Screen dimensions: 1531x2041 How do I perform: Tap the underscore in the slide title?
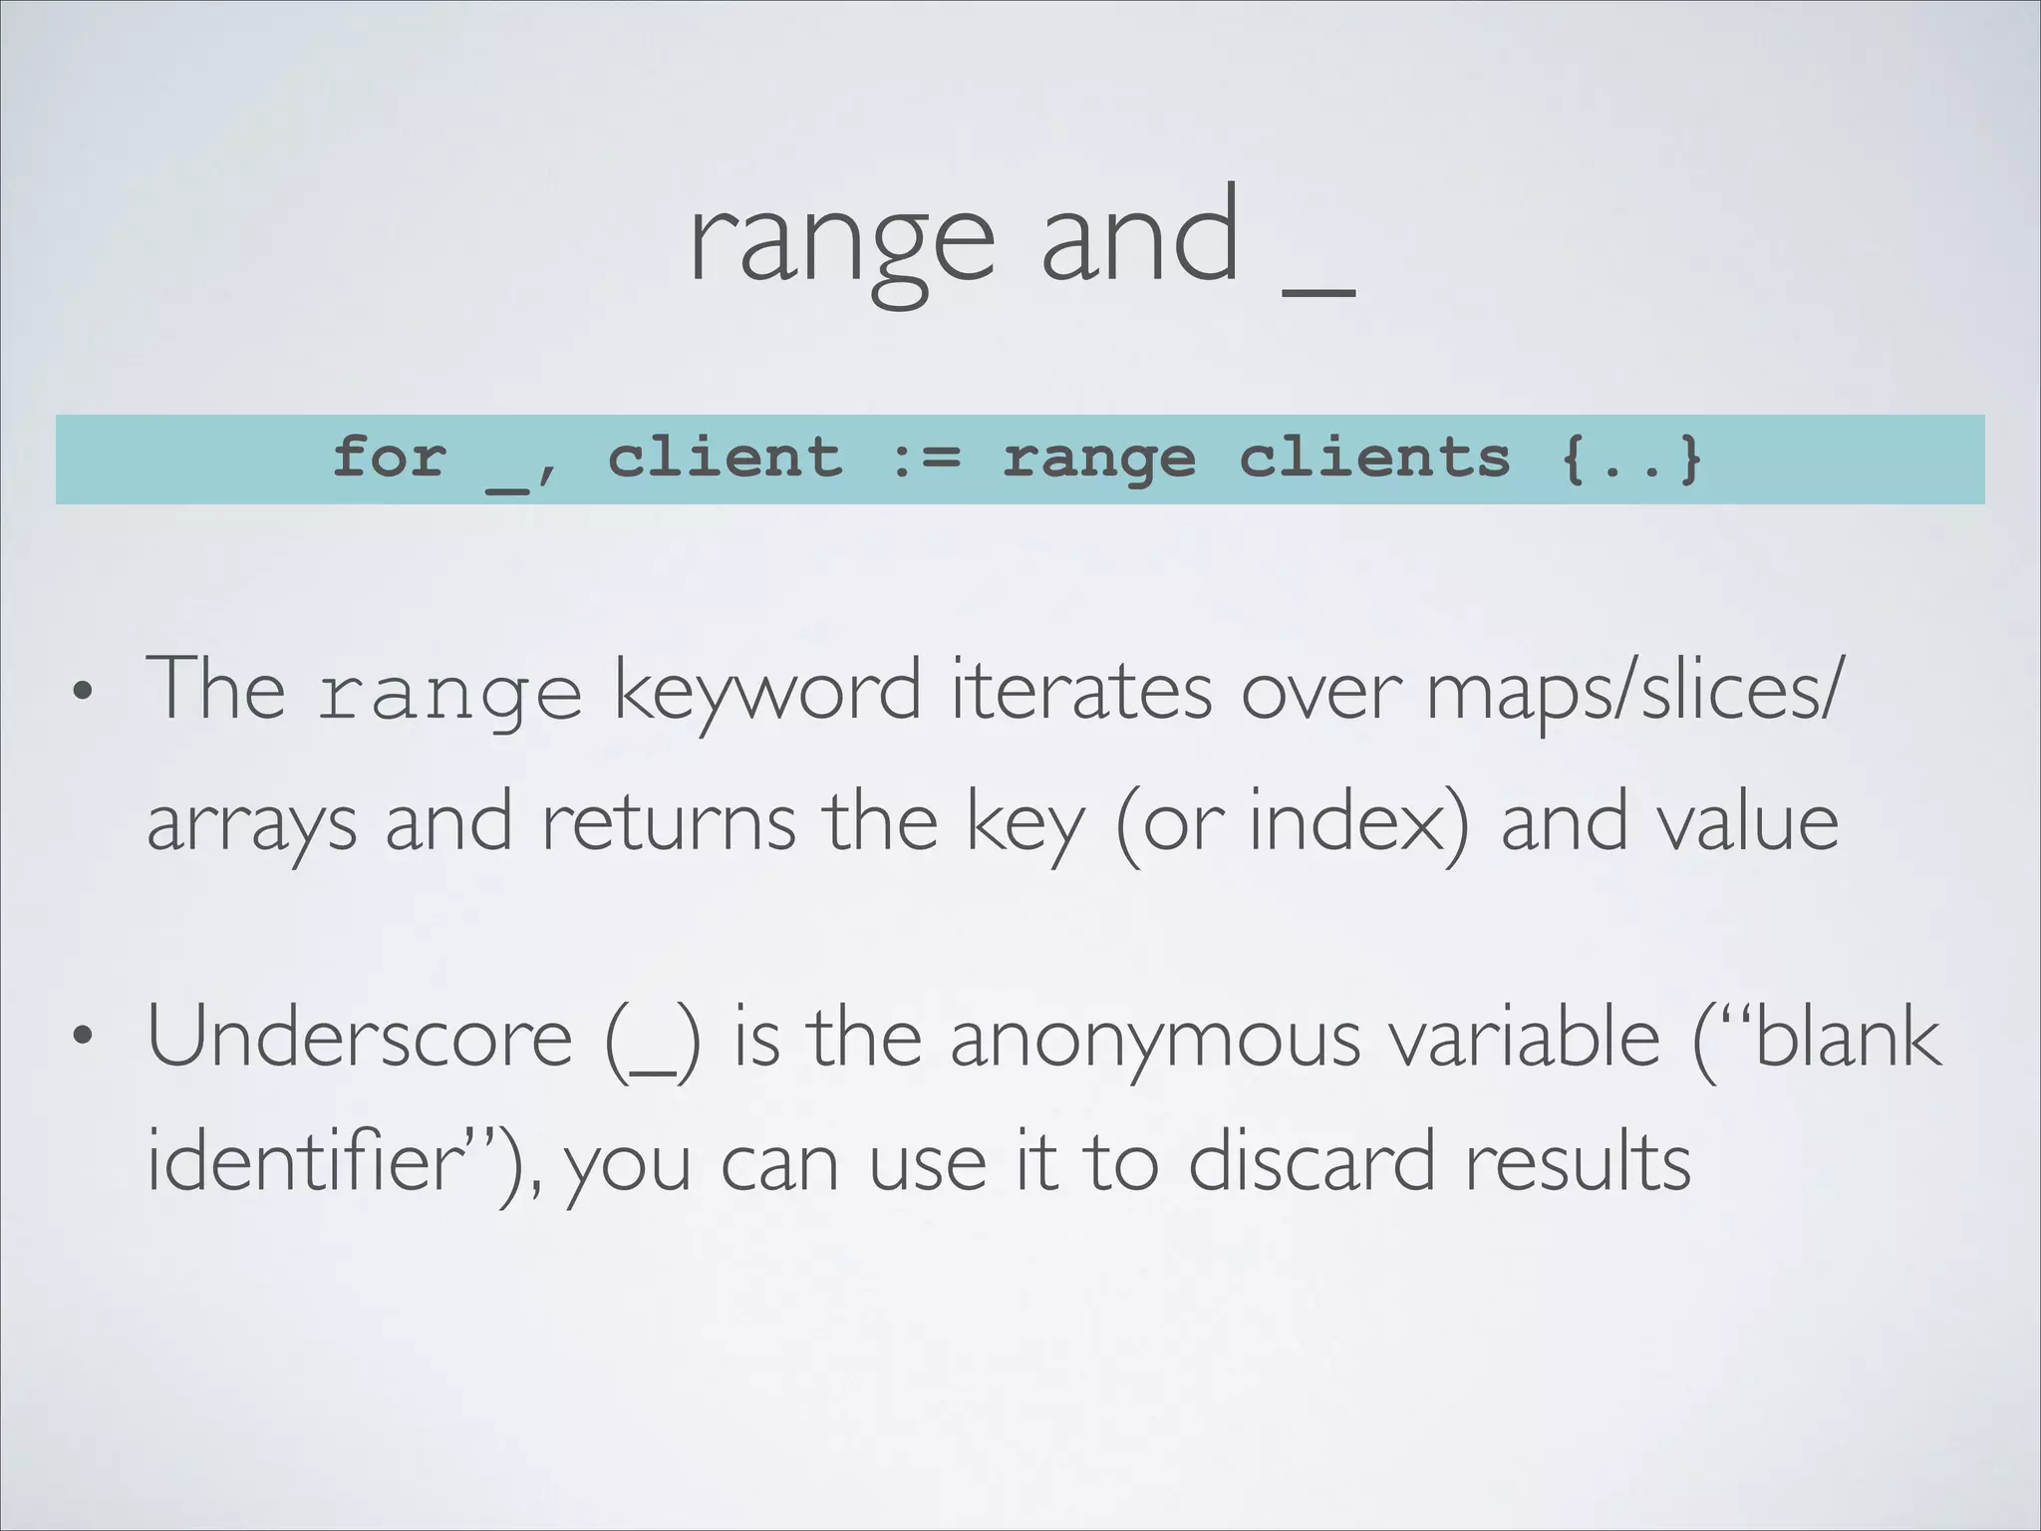pyautogui.click(x=1318, y=291)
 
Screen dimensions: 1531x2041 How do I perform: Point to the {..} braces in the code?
pyautogui.click(x=1631, y=459)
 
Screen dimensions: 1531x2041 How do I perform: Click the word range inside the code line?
pyautogui.click(x=1099, y=459)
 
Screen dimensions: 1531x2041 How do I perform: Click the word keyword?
pyautogui.click(x=766, y=690)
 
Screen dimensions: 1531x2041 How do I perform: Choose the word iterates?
pyautogui.click(x=1080, y=690)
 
